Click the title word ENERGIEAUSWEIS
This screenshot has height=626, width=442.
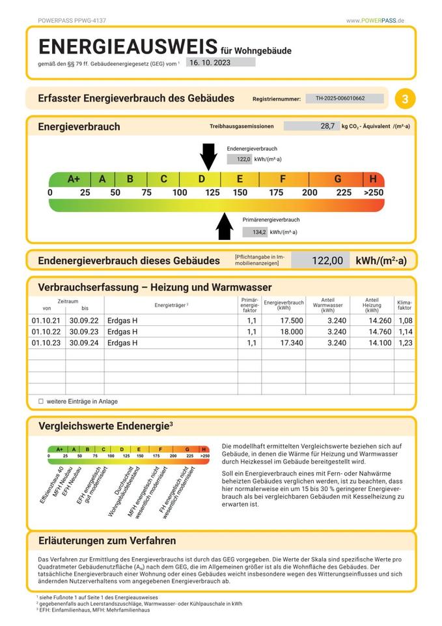coord(128,46)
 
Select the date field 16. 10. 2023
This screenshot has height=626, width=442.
coord(220,63)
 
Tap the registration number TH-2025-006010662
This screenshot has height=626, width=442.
coord(344,98)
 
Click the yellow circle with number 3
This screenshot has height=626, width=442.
coord(406,99)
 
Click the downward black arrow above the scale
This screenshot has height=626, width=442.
coord(208,156)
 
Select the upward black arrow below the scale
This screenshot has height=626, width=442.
coord(225,226)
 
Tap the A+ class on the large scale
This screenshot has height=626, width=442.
coord(74,179)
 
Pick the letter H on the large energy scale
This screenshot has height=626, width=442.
coord(373,179)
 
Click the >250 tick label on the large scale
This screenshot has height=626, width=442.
coord(374,192)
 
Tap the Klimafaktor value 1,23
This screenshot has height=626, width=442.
coord(405,343)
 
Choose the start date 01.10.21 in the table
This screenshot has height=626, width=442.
coord(46,321)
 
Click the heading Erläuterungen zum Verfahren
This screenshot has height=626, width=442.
coord(107,541)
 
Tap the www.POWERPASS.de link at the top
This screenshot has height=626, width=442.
coord(375,21)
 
